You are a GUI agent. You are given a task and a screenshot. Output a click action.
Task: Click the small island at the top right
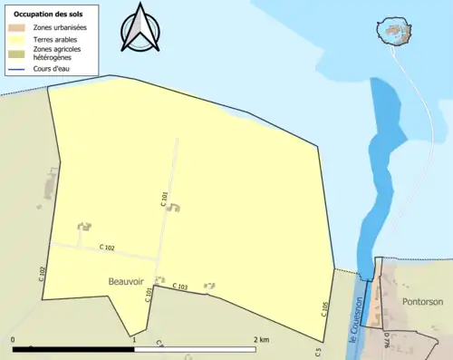click(x=392, y=31)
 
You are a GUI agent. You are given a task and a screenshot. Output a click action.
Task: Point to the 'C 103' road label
click(x=180, y=287)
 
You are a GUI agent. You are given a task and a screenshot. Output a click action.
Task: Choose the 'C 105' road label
click(x=323, y=308)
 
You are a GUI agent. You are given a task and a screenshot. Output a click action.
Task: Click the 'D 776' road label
click(x=387, y=340)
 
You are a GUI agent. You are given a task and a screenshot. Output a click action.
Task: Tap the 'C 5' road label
click(x=318, y=351)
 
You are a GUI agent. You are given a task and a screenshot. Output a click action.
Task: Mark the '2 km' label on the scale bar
click(x=261, y=339)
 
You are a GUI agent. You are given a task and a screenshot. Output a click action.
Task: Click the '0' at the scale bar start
click(x=13, y=339)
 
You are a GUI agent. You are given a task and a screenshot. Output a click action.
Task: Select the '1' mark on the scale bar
click(x=134, y=340)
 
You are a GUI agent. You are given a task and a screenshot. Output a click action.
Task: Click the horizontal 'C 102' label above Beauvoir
click(x=107, y=248)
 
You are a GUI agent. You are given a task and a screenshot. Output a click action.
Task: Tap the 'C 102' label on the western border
click(x=43, y=273)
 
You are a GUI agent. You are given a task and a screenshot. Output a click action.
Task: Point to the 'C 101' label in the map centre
click(x=164, y=199)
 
